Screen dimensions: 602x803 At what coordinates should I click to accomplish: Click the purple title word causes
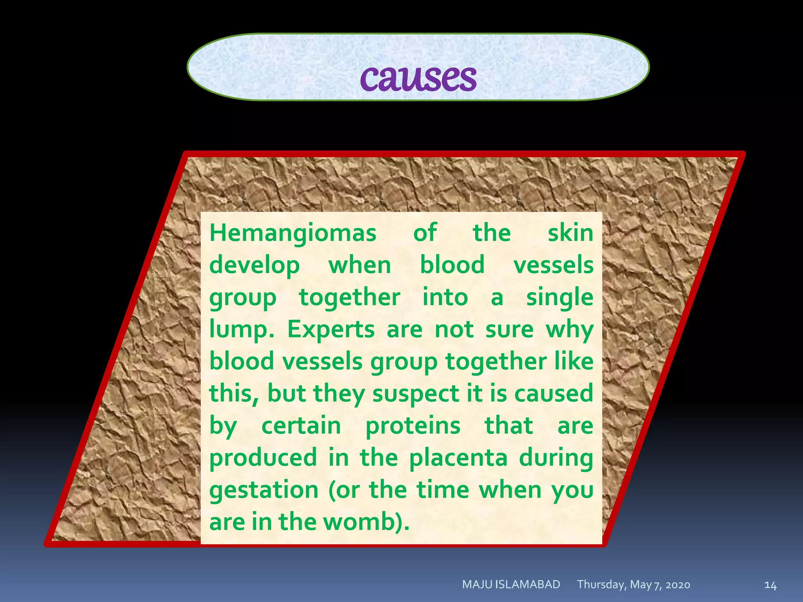[418, 77]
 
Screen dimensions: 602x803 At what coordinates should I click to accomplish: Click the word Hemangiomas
[292, 233]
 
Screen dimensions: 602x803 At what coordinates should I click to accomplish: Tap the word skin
[570, 233]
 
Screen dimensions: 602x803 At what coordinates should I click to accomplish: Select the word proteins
[412, 426]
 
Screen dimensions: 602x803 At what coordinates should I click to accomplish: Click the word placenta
[458, 458]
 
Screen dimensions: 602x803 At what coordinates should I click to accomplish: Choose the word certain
[301, 426]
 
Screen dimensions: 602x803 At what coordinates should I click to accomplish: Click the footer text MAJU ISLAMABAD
[511, 584]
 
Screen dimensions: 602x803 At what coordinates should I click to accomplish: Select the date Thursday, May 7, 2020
[633, 585]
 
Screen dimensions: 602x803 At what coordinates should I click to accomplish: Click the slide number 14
[770, 585]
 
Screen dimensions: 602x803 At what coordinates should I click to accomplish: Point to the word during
[556, 458]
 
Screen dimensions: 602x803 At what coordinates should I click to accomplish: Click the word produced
[263, 458]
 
